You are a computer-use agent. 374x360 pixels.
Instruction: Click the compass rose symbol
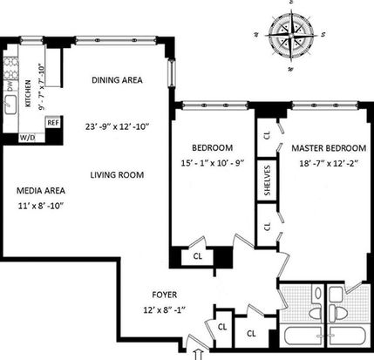[x=290, y=35]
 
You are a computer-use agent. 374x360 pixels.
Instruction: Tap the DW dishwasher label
[x=10, y=86]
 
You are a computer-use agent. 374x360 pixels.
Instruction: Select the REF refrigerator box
[x=53, y=123]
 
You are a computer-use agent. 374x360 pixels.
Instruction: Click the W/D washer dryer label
[x=27, y=138]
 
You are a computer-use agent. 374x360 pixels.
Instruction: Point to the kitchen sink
[x=10, y=104]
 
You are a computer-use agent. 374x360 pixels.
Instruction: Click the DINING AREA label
[x=117, y=80]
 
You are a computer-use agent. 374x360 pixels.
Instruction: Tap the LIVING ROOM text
[x=117, y=175]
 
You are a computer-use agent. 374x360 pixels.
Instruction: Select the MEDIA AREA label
[x=41, y=191]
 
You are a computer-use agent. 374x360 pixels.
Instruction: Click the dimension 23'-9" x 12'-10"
[x=117, y=127]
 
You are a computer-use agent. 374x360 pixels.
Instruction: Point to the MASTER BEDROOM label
[x=329, y=148]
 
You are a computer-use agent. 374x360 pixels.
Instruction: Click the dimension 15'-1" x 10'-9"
[x=212, y=163]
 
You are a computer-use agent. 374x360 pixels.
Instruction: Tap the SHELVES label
[x=268, y=180]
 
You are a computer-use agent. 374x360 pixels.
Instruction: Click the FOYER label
[x=165, y=295]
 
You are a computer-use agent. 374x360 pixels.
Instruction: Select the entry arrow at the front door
[x=199, y=355]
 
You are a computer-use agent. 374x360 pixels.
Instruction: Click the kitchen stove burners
[x=11, y=69]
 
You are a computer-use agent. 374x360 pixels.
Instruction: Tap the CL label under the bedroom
[x=198, y=256]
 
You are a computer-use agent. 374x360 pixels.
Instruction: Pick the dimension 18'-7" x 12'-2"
[x=329, y=164]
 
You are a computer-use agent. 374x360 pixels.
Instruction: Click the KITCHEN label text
[x=28, y=93]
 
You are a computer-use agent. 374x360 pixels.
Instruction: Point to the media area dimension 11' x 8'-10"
[x=41, y=206]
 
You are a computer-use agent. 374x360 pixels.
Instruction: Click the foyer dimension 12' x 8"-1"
[x=165, y=310]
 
